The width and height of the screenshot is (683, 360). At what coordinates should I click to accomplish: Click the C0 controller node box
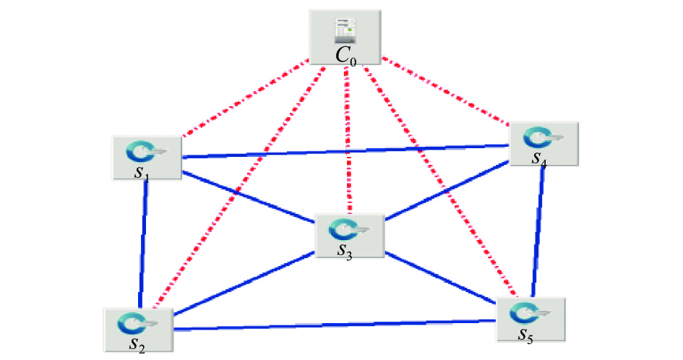pyautogui.click(x=345, y=38)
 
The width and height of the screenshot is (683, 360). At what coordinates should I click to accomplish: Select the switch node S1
pyautogui.click(x=147, y=158)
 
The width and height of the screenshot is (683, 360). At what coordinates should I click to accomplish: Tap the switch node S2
pyautogui.click(x=139, y=330)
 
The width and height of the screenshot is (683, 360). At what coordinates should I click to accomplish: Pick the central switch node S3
pyautogui.click(x=350, y=236)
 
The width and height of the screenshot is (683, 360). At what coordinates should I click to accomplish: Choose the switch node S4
pyautogui.click(x=544, y=144)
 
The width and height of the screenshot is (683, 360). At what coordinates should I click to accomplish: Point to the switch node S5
pyautogui.click(x=531, y=320)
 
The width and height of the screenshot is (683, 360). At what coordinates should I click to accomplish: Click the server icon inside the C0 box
pyautogui.click(x=345, y=31)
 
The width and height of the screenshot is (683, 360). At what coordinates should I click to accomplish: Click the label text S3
pyautogui.click(x=345, y=252)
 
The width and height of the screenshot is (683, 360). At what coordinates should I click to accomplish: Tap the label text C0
pyautogui.click(x=346, y=56)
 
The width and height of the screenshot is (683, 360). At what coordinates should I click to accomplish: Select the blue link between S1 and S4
pyautogui.click(x=345, y=151)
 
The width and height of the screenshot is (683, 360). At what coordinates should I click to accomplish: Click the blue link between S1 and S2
pyautogui.click(x=143, y=244)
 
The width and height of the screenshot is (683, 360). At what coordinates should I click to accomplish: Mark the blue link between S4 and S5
pyautogui.click(x=537, y=232)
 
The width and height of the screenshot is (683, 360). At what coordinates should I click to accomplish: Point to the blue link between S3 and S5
pyautogui.click(x=441, y=277)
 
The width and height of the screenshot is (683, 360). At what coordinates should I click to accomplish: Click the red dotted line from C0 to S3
pyautogui.click(x=348, y=140)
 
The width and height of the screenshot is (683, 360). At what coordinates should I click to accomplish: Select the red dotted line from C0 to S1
pyautogui.click(x=245, y=100)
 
